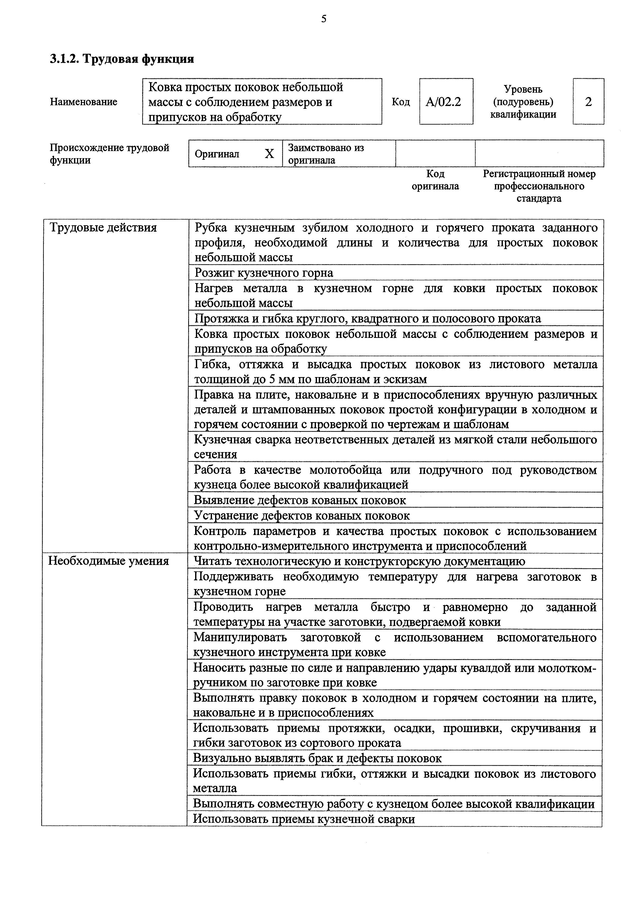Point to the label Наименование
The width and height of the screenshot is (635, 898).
[84, 102]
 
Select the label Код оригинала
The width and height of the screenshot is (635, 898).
[435, 180]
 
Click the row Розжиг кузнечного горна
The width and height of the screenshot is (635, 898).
[264, 273]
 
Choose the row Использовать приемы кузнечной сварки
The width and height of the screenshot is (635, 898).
[304, 819]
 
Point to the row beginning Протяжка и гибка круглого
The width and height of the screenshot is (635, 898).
[368, 318]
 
